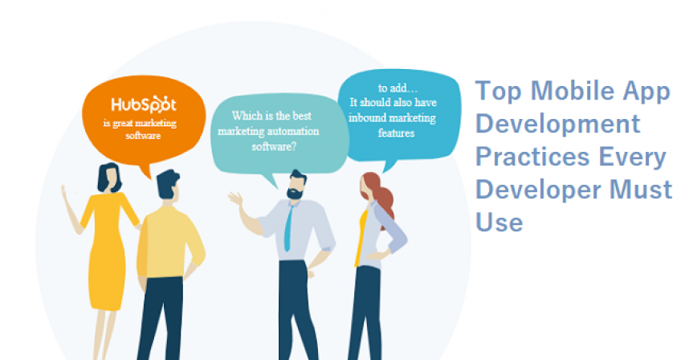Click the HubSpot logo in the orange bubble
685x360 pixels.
[144, 104]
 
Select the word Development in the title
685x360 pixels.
[558, 124]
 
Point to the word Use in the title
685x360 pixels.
[499, 222]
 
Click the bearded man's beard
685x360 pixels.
[295, 193]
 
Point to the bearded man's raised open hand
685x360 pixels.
[235, 198]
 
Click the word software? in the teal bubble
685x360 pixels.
[274, 147]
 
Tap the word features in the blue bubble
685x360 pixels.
[396, 133]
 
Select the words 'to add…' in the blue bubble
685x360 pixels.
[398, 88]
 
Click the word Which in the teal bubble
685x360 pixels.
[244, 116]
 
